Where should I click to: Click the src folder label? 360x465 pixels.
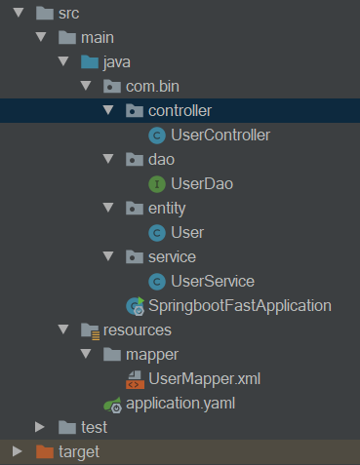pyautogui.click(x=69, y=14)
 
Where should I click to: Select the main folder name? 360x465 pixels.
pyautogui.click(x=98, y=38)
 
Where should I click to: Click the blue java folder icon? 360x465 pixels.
pyautogui.click(x=89, y=62)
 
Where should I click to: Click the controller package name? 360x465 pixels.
pyautogui.click(x=180, y=110)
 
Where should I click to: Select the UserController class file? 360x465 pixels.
pyautogui.click(x=220, y=135)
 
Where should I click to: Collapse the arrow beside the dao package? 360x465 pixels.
pyautogui.click(x=108, y=159)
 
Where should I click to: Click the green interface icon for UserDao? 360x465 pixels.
pyautogui.click(x=155, y=183)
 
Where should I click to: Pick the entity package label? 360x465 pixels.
pyautogui.click(x=168, y=208)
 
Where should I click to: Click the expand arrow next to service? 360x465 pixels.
pyautogui.click(x=108, y=256)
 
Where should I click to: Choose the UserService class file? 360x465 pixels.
pyautogui.click(x=212, y=281)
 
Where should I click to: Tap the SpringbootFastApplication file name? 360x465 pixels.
pyautogui.click(x=240, y=305)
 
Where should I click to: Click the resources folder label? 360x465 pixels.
pyautogui.click(x=138, y=329)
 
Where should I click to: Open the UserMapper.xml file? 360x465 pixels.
pyautogui.click(x=206, y=378)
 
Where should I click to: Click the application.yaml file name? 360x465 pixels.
pyautogui.click(x=180, y=403)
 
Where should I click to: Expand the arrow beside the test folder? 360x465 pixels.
pyautogui.click(x=40, y=427)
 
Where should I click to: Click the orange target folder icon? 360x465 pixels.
pyautogui.click(x=43, y=451)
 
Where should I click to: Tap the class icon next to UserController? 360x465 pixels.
pyautogui.click(x=155, y=135)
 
